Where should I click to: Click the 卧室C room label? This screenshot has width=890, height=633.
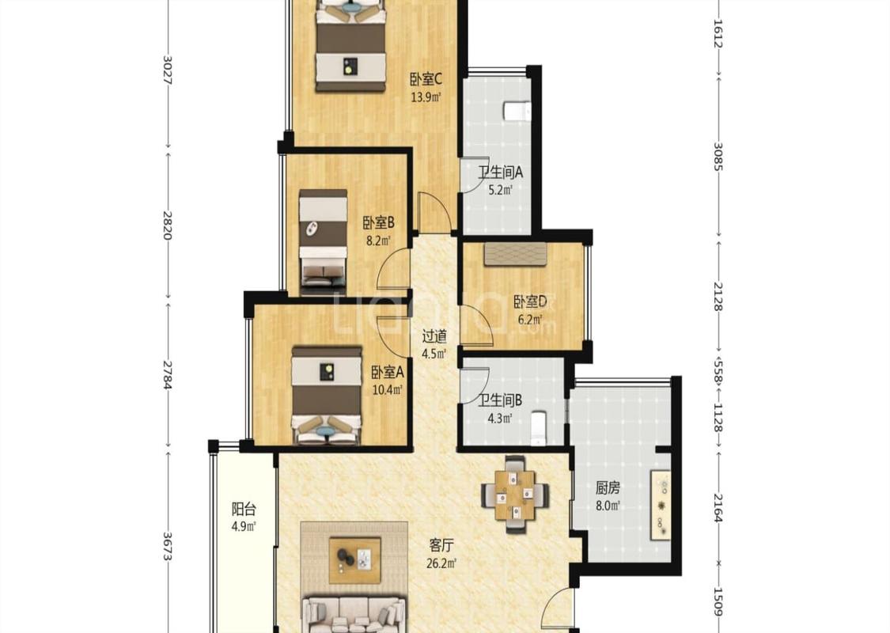point(426,78)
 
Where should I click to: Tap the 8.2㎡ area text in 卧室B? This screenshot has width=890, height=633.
point(379,241)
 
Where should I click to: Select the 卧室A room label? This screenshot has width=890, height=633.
point(387,373)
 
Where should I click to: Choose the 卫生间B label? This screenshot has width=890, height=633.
point(499,401)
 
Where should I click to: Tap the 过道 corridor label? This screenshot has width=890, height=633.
point(434,336)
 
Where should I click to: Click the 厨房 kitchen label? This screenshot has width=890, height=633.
point(608,487)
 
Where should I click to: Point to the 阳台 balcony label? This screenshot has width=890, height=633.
point(244,508)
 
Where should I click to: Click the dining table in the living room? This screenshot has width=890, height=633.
point(515,494)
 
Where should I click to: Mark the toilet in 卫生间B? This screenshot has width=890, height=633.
point(538,428)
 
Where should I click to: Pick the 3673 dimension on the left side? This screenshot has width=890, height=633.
point(167,546)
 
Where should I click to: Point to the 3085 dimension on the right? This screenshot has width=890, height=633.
point(718,156)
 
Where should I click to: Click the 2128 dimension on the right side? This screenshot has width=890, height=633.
point(718,297)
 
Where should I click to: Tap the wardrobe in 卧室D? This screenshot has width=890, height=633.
point(515,254)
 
